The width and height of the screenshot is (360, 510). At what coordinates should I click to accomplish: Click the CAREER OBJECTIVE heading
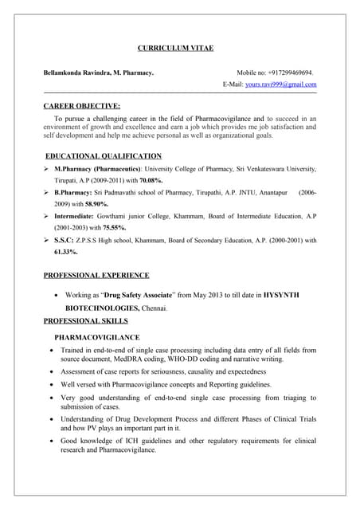pos(82,105)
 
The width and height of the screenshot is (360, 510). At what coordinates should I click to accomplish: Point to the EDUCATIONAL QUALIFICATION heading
pos(104,156)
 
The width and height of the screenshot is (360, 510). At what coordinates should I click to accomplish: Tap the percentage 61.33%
pos(65,252)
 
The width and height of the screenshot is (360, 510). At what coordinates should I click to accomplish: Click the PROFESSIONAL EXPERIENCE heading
pos(96,276)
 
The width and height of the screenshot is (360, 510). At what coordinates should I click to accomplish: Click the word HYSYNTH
pos(281,295)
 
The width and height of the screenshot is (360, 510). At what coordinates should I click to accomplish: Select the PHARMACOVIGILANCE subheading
pos(97,337)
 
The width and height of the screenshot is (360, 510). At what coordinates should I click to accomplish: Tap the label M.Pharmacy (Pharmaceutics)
pos(97,169)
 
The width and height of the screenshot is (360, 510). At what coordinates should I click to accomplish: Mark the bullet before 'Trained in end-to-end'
pos(53,350)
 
